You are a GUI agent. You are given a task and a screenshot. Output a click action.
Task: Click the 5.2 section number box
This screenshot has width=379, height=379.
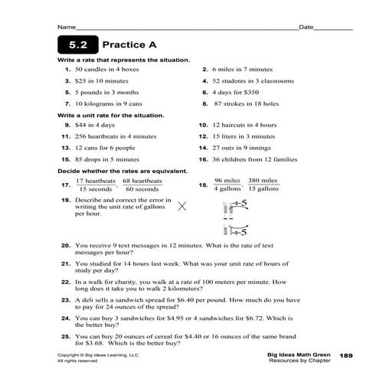pyautogui.click(x=74, y=45)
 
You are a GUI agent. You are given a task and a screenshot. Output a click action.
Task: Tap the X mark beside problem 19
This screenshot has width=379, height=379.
pyautogui.click(x=183, y=205)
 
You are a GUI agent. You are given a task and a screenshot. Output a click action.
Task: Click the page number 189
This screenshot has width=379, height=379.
pyautogui.click(x=345, y=355)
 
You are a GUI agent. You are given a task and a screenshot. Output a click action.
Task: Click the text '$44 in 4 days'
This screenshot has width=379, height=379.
pyautogui.click(x=96, y=125)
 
